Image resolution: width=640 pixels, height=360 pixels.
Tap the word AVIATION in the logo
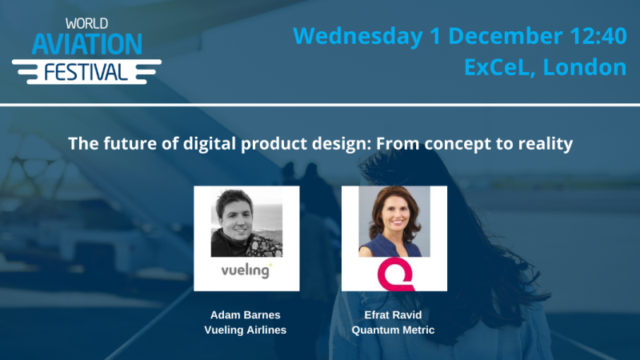coord(86,44)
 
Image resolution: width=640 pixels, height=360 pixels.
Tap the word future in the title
coord(117,145)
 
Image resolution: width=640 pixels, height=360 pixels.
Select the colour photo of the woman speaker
coord(394,222)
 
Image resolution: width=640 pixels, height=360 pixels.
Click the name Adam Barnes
coord(246,316)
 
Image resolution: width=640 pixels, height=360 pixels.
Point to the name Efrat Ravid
coord(394,316)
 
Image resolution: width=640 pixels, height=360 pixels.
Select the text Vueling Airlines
coord(246,330)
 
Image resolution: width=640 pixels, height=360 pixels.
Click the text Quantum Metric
coord(394,330)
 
